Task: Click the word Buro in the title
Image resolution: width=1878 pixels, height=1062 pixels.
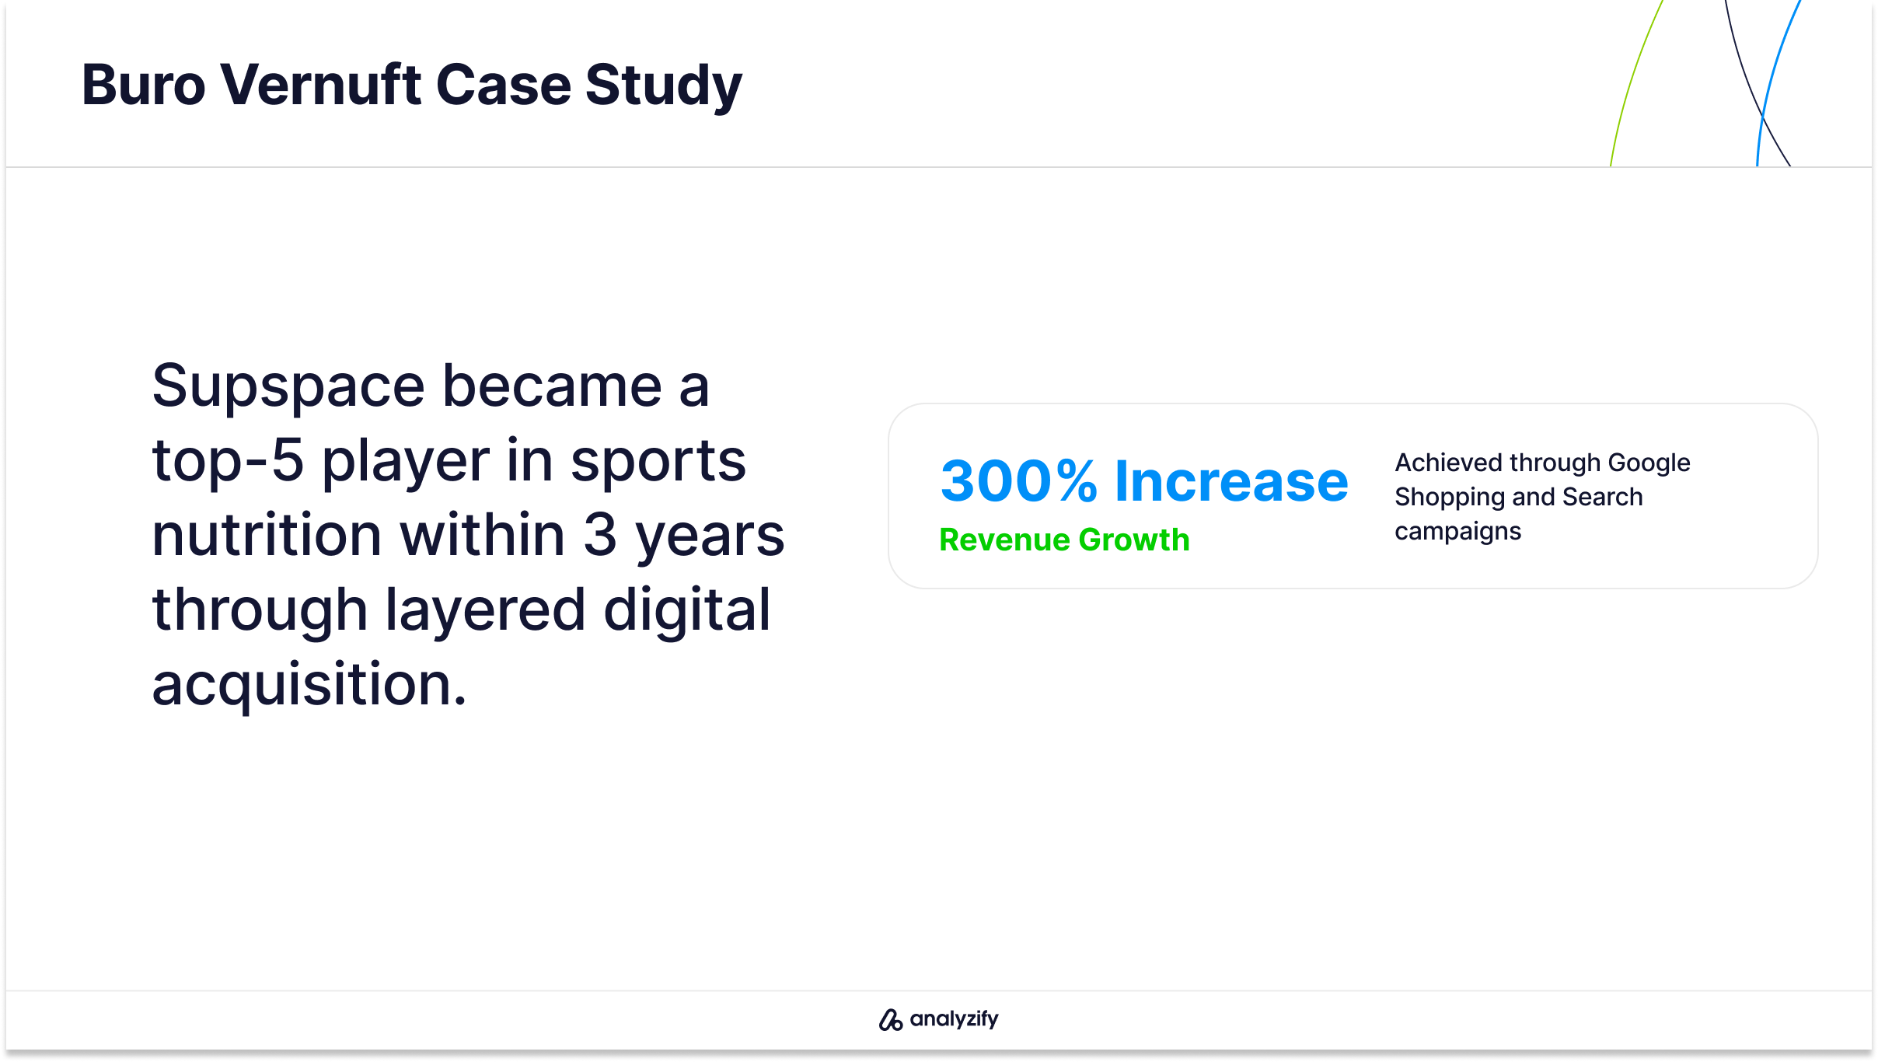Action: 144,85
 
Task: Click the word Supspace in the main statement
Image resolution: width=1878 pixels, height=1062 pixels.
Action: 288,387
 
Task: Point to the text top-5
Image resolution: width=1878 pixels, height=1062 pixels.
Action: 227,461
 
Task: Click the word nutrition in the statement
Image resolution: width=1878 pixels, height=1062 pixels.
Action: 266,536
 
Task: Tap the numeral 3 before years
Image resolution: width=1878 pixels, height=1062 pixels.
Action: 599,536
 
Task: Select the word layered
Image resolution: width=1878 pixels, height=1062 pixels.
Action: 485,610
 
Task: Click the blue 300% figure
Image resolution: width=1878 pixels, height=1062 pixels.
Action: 1018,481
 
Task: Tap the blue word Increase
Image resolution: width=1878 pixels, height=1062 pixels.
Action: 1231,481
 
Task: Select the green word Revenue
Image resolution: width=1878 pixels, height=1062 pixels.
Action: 1004,540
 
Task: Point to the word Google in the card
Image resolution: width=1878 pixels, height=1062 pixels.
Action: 1649,463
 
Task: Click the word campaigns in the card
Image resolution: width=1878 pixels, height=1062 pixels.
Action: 1457,533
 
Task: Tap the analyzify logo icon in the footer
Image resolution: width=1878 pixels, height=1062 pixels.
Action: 890,1019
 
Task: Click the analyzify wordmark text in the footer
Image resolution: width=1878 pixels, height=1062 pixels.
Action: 954,1019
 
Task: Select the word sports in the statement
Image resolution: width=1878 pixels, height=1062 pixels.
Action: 658,461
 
